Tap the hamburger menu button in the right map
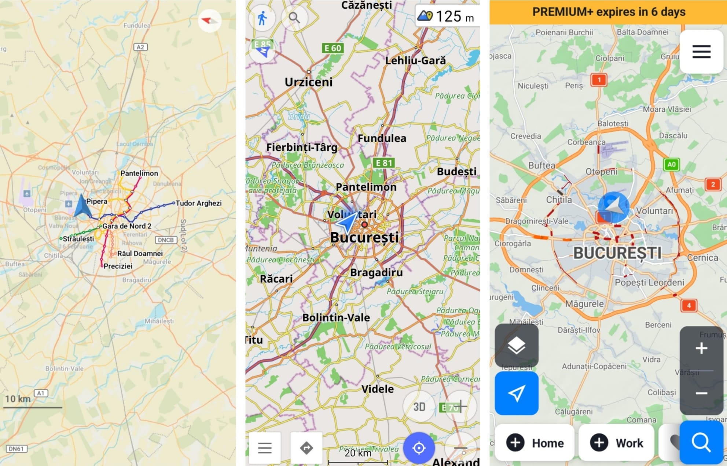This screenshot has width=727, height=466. [701, 52]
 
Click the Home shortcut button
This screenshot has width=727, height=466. [534, 443]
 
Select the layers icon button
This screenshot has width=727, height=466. [516, 346]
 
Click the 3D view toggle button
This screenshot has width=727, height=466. [419, 407]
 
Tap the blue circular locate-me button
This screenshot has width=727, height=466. [419, 448]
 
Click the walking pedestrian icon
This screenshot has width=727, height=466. [262, 18]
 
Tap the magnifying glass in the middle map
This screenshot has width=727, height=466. [294, 18]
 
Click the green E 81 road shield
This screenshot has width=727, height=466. [383, 163]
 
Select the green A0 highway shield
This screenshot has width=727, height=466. [671, 164]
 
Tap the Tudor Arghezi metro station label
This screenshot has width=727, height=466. [198, 203]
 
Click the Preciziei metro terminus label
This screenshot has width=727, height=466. [118, 266]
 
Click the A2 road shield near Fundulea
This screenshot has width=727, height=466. [140, 47]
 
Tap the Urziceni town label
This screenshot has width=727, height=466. [308, 82]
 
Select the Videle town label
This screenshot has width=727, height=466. [377, 389]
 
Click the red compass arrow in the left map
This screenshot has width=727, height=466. [209, 20]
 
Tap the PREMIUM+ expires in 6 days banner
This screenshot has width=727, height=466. [608, 12]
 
